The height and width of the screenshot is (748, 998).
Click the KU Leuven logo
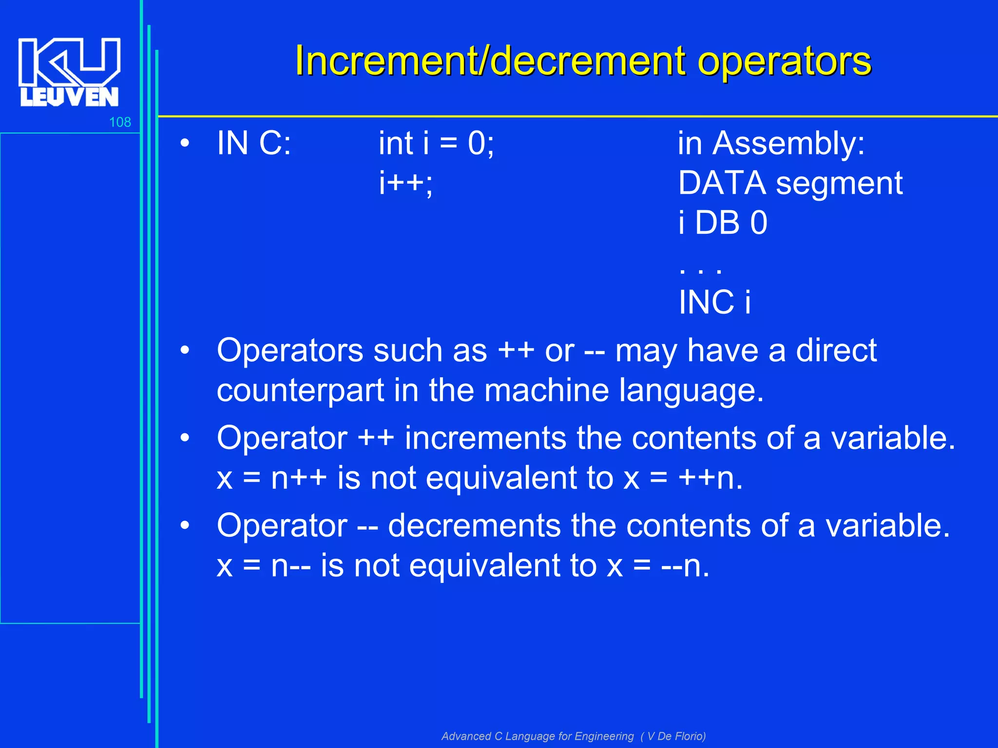click(69, 72)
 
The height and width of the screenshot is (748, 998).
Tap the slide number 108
click(120, 122)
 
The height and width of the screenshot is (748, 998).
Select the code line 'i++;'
click(406, 184)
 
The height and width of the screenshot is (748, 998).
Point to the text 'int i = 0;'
click(436, 144)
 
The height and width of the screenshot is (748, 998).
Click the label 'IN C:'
click(254, 144)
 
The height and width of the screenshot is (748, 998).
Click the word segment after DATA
click(839, 184)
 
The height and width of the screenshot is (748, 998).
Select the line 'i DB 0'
click(723, 223)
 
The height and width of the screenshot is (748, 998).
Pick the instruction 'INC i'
click(714, 302)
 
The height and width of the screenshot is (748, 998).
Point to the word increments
click(485, 438)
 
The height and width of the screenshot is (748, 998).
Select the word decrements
click(474, 526)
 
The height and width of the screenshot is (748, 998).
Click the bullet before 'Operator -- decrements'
click(184, 526)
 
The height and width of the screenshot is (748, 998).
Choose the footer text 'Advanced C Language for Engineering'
click(537, 736)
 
